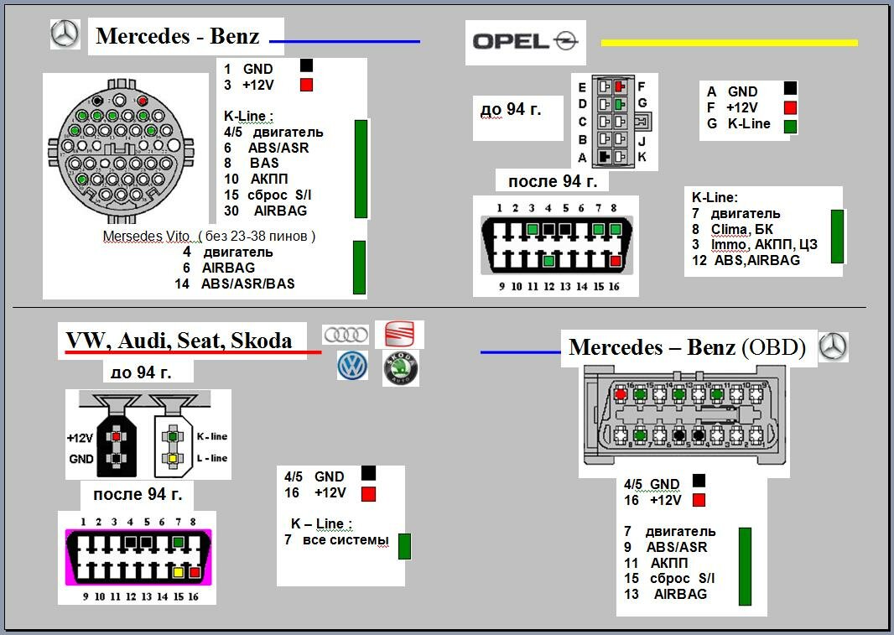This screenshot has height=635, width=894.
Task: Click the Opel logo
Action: point(524,41)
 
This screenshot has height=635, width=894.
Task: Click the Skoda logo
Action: point(400,369)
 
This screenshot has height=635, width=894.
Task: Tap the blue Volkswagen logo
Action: point(353,366)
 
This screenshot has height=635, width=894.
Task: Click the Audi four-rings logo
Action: point(346,334)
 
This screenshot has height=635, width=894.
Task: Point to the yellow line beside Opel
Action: point(729,42)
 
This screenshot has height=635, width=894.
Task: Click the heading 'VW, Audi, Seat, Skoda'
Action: point(179,341)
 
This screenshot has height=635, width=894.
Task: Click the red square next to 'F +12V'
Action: point(789,107)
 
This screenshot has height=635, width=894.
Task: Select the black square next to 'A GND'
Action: point(789,89)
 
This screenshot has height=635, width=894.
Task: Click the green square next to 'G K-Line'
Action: point(789,126)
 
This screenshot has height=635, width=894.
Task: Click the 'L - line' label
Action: point(211,458)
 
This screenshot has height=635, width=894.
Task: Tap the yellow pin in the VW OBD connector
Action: point(178,572)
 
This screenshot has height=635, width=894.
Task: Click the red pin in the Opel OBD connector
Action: point(616,262)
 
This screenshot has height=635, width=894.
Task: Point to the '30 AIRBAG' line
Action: point(267,211)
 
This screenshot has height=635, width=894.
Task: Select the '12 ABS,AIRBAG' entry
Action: point(746,260)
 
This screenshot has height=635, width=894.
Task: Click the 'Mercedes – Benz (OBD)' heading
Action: point(687,348)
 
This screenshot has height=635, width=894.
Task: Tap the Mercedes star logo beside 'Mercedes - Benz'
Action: point(65,34)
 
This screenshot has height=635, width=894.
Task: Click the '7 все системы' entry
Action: point(336,540)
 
